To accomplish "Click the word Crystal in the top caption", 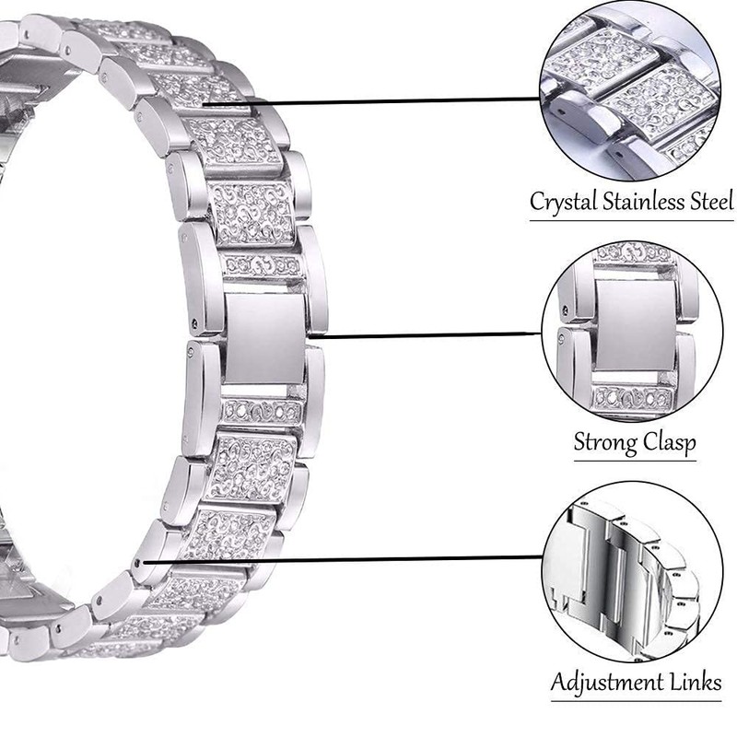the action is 562,203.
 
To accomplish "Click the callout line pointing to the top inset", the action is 368,105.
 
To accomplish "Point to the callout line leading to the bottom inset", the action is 341,557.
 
